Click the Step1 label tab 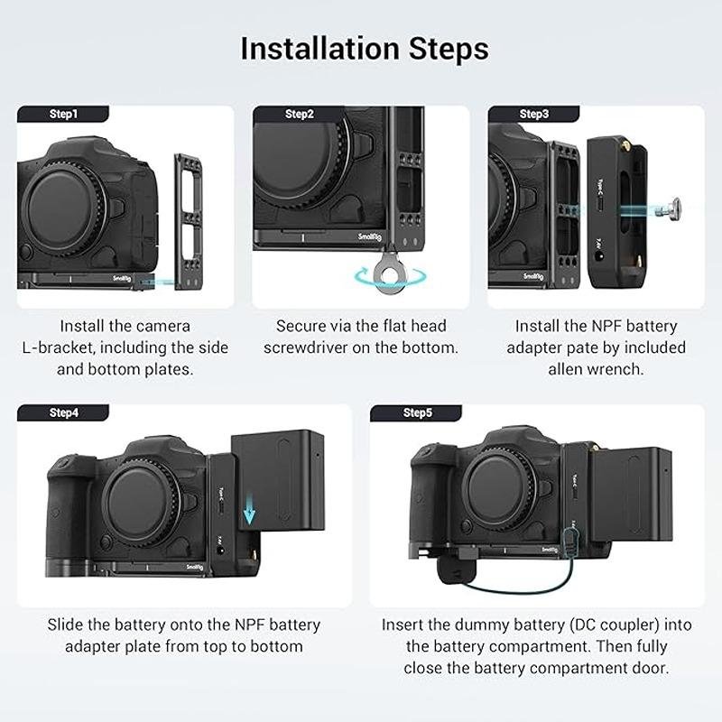coord(63,114)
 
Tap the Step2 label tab coord(299,114)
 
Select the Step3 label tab coord(534,114)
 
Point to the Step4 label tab coord(63,412)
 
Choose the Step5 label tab coord(416,412)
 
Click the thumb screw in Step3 coord(668,209)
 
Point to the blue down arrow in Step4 coord(249,512)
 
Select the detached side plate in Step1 coord(188,221)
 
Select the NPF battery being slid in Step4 coord(278,479)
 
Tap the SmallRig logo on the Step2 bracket coord(370,237)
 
